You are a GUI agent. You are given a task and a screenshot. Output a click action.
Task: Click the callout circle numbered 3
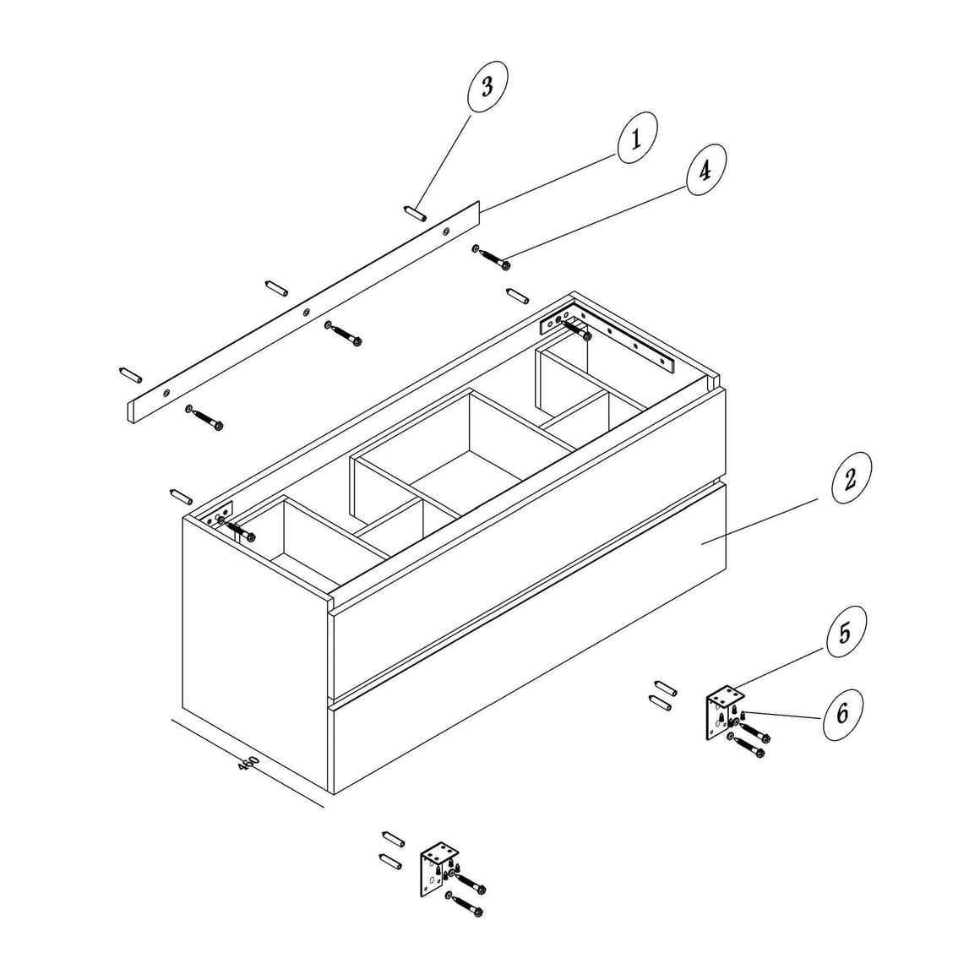coord(487,87)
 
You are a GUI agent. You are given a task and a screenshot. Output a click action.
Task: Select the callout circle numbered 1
coord(638,138)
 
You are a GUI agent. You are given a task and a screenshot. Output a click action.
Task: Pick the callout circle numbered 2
coord(852,478)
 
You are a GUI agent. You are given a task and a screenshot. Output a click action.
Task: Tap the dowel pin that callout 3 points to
coord(415,213)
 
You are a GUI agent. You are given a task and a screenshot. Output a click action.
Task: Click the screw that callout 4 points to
coord(491,257)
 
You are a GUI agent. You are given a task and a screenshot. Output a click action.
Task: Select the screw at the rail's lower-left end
coord(204,416)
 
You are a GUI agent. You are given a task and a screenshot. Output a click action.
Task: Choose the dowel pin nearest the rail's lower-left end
coord(130,375)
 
